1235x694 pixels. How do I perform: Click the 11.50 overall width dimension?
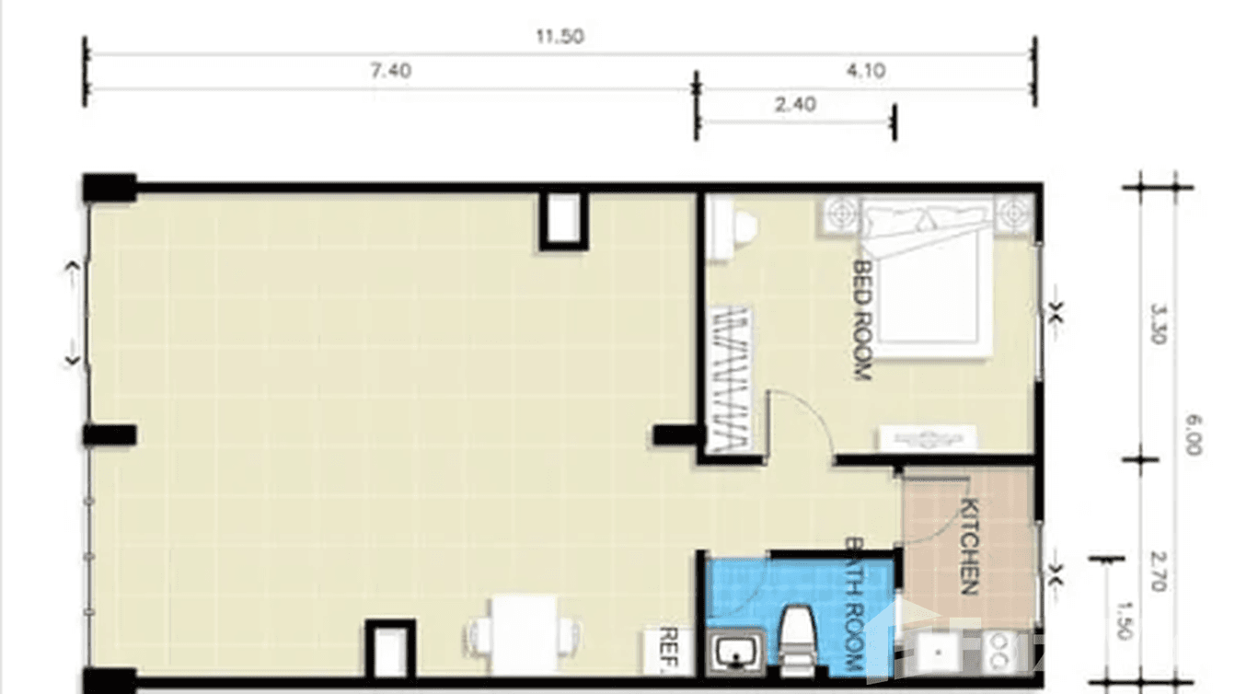559,37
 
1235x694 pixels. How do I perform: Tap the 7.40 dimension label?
390,71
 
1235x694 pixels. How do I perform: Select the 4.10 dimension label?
865,71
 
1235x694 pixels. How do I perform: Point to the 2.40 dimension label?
795,105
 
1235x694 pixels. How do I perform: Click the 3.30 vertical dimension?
1157,324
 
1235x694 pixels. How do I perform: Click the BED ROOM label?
862,319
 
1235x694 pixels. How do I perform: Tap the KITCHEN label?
969,546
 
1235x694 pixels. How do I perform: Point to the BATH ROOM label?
854,604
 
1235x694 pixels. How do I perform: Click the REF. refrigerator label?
669,650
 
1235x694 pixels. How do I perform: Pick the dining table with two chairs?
525,634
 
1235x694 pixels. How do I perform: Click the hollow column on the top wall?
562,220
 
